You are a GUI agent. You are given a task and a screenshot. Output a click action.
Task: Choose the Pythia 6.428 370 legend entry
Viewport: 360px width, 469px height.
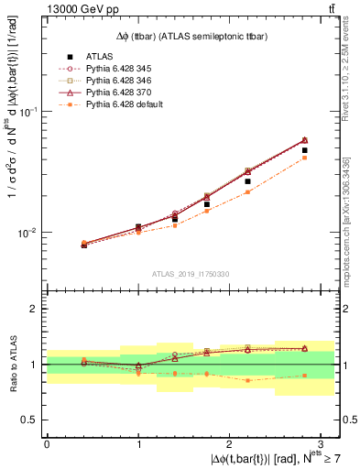point(123,93)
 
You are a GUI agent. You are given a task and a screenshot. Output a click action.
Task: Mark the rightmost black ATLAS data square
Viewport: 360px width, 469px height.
point(304,150)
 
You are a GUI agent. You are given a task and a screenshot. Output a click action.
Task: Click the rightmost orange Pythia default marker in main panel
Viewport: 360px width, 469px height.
point(304,158)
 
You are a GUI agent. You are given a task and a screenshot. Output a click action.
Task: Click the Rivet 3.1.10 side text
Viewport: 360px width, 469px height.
point(351,82)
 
